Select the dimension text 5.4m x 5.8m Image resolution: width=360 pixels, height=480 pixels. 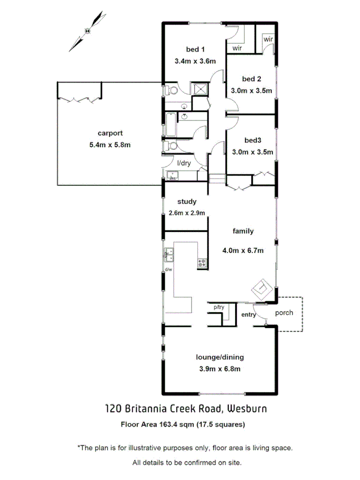pyautogui.click(x=110, y=144)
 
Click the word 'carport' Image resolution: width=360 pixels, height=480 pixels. pyautogui.click(x=110, y=133)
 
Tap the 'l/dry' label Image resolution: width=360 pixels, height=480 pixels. pyautogui.click(x=183, y=163)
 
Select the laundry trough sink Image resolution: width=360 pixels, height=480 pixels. pyautogui.click(x=172, y=176)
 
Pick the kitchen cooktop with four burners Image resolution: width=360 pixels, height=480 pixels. pyautogui.click(x=202, y=262)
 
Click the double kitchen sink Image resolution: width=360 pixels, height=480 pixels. pyautogui.click(x=169, y=255)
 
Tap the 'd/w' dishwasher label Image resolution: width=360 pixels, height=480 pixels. pyautogui.click(x=168, y=269)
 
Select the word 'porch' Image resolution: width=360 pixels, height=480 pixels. pyautogui.click(x=284, y=313)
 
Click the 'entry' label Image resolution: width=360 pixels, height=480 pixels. pyautogui.click(x=249, y=315)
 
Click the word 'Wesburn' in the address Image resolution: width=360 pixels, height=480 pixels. pyautogui.click(x=247, y=409)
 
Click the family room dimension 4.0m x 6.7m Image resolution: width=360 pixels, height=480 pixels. pyautogui.click(x=243, y=250)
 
